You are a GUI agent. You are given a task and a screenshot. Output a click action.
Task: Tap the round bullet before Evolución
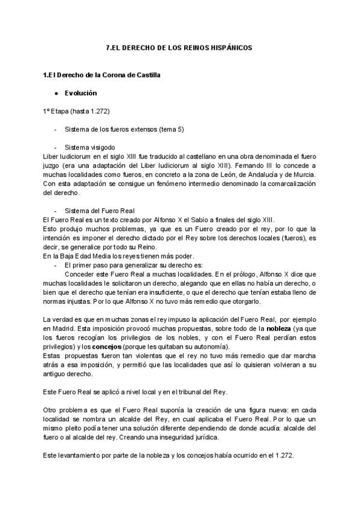(x=55, y=94)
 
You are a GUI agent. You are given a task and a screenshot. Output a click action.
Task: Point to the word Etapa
(x=61, y=112)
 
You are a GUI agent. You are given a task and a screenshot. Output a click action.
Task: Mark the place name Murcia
(x=302, y=174)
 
